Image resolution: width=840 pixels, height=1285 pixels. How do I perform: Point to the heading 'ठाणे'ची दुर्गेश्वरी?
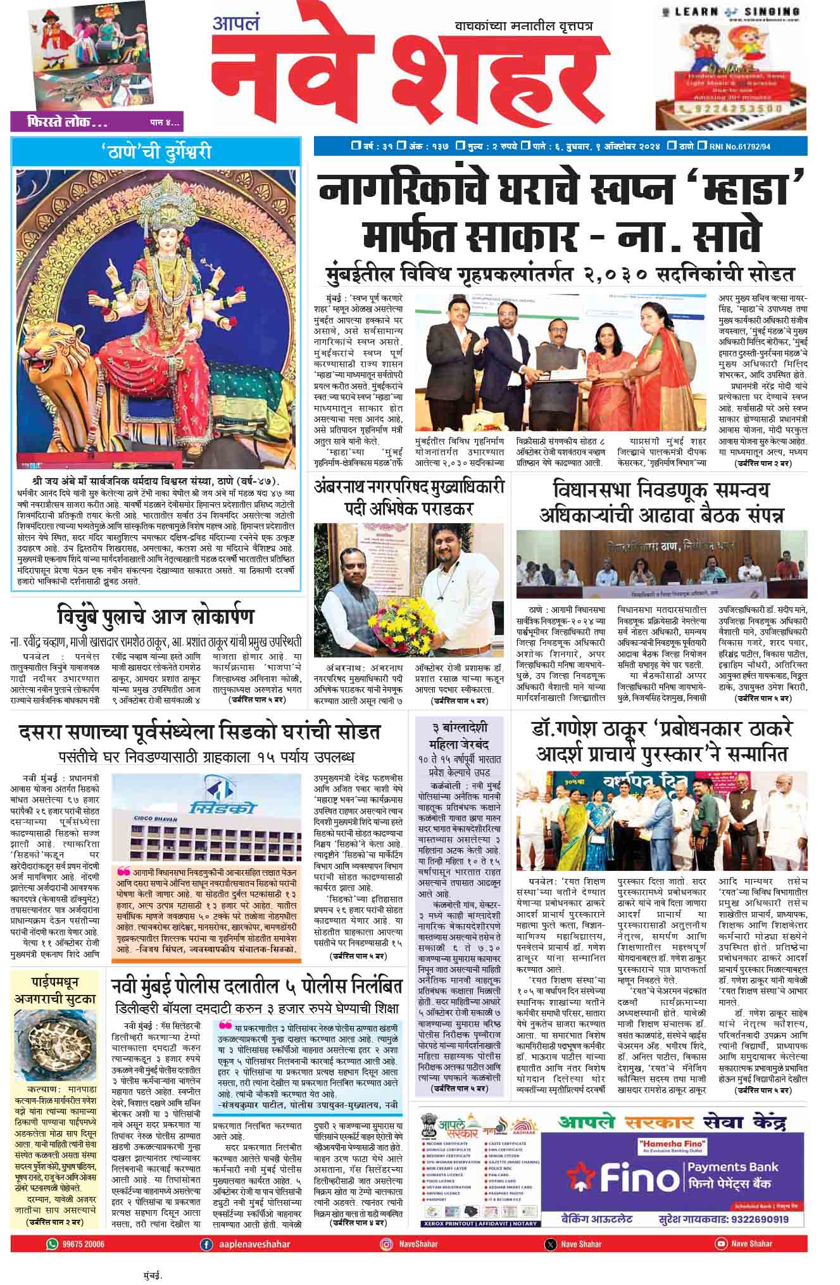(156, 153)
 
